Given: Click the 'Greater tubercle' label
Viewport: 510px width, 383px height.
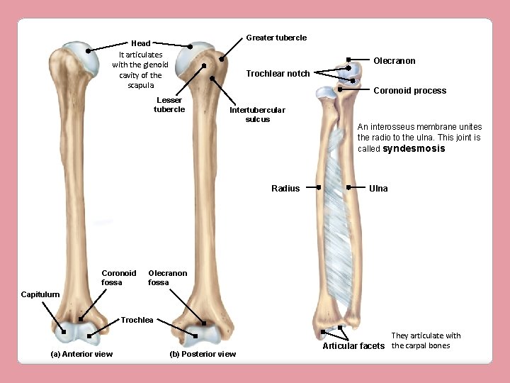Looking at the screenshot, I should pyautogui.click(x=276, y=38).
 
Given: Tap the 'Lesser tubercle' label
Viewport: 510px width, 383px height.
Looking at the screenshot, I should pyautogui.click(x=169, y=104).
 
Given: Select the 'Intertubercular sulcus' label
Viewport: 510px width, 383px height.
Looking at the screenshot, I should pyautogui.click(x=257, y=114).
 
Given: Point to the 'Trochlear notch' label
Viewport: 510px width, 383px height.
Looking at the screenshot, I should pyautogui.click(x=277, y=74).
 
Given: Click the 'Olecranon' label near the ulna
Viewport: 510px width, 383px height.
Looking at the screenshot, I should pyautogui.click(x=394, y=61).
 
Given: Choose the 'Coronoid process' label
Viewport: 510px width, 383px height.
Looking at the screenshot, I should pyautogui.click(x=409, y=91).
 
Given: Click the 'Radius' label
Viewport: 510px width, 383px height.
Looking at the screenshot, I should pyautogui.click(x=285, y=189).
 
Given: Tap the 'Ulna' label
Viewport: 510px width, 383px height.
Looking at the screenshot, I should pyautogui.click(x=378, y=189).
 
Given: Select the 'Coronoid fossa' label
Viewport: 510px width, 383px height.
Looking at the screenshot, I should pyautogui.click(x=118, y=277).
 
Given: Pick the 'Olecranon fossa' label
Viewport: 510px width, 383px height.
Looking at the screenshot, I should pyautogui.click(x=167, y=277).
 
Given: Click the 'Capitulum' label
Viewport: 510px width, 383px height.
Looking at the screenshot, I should pyautogui.click(x=40, y=294).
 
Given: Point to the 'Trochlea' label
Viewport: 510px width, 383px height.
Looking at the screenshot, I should pyautogui.click(x=137, y=321).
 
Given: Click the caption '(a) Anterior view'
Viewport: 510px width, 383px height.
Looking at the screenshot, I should pyautogui.click(x=81, y=354).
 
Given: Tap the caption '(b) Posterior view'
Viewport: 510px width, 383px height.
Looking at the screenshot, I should pyautogui.click(x=203, y=354).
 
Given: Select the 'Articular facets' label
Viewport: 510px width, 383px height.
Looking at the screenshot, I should pyautogui.click(x=353, y=346).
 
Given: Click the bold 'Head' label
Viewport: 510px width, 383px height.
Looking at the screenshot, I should pyautogui.click(x=140, y=43).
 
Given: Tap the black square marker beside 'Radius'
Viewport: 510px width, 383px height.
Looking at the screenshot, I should pyautogui.click(x=319, y=187).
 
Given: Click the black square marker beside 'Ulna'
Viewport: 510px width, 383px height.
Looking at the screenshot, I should pyautogui.click(x=349, y=187).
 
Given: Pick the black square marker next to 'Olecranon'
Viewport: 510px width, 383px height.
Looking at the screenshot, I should pyautogui.click(x=348, y=60).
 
